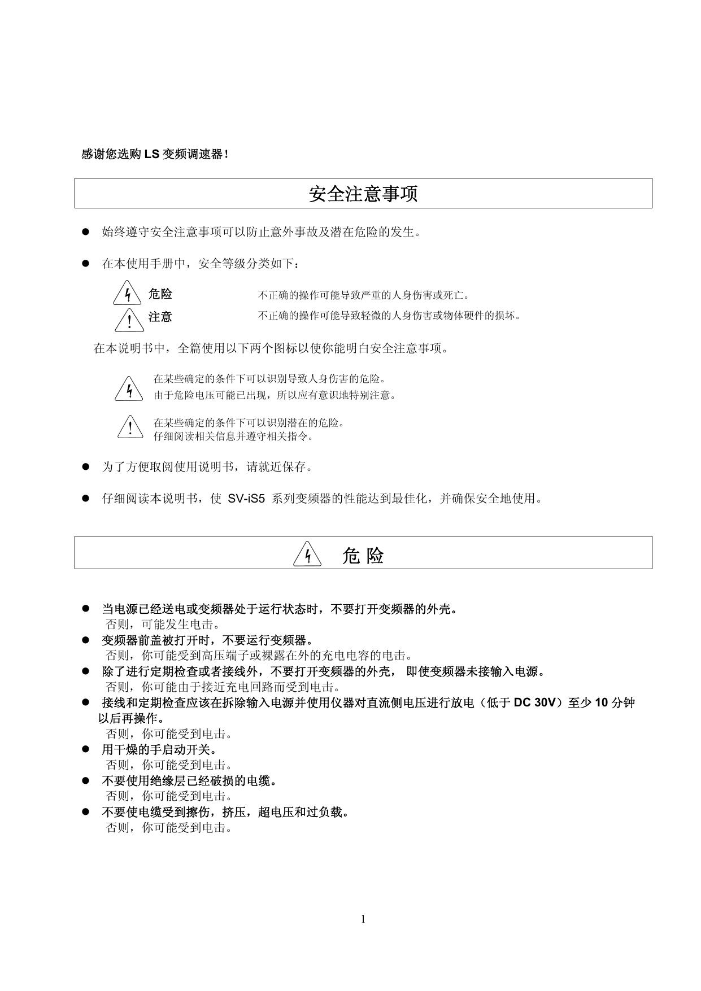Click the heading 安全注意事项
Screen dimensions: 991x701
point(363,194)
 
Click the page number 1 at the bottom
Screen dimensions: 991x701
point(363,919)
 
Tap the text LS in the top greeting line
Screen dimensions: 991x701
point(151,154)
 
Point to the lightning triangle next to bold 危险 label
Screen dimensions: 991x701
point(127,293)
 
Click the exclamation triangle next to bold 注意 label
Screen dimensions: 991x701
point(129,320)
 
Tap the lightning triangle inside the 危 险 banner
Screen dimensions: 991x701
point(307,555)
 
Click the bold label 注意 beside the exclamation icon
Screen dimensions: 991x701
point(160,317)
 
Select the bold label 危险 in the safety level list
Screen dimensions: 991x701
point(160,294)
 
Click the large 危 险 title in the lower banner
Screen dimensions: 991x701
point(363,556)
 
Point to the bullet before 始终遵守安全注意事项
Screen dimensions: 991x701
point(86,232)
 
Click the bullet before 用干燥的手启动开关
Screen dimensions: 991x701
point(86,749)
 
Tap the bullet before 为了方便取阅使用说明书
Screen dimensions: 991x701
point(86,466)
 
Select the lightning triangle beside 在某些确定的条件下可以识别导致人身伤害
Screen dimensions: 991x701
point(129,389)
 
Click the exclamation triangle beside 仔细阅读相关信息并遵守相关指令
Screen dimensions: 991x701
point(130,427)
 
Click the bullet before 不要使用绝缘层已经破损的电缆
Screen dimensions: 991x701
point(86,780)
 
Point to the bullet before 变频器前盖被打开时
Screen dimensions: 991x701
point(86,640)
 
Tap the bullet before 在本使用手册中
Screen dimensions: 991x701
point(86,263)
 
